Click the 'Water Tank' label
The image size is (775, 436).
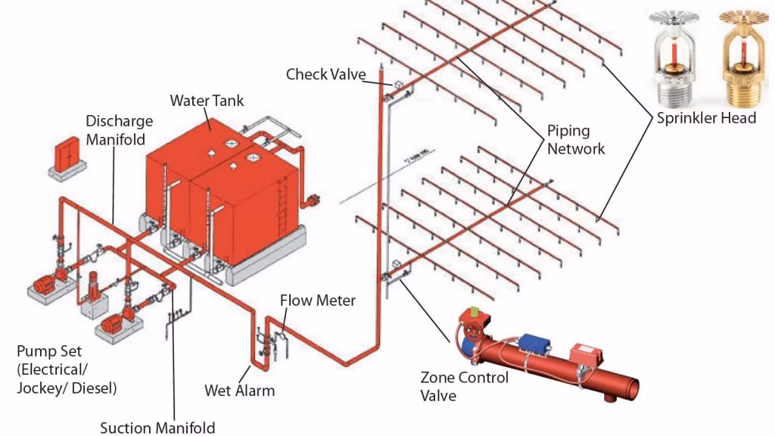click(207, 100)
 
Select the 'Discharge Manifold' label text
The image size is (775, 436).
click(119, 130)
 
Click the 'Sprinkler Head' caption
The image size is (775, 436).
click(705, 118)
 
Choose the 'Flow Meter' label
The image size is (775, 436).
click(317, 301)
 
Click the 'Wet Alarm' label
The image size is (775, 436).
click(239, 391)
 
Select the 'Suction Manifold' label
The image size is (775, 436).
click(157, 428)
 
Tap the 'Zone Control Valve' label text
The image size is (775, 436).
click(464, 384)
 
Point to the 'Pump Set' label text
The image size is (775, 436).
click(67, 370)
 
